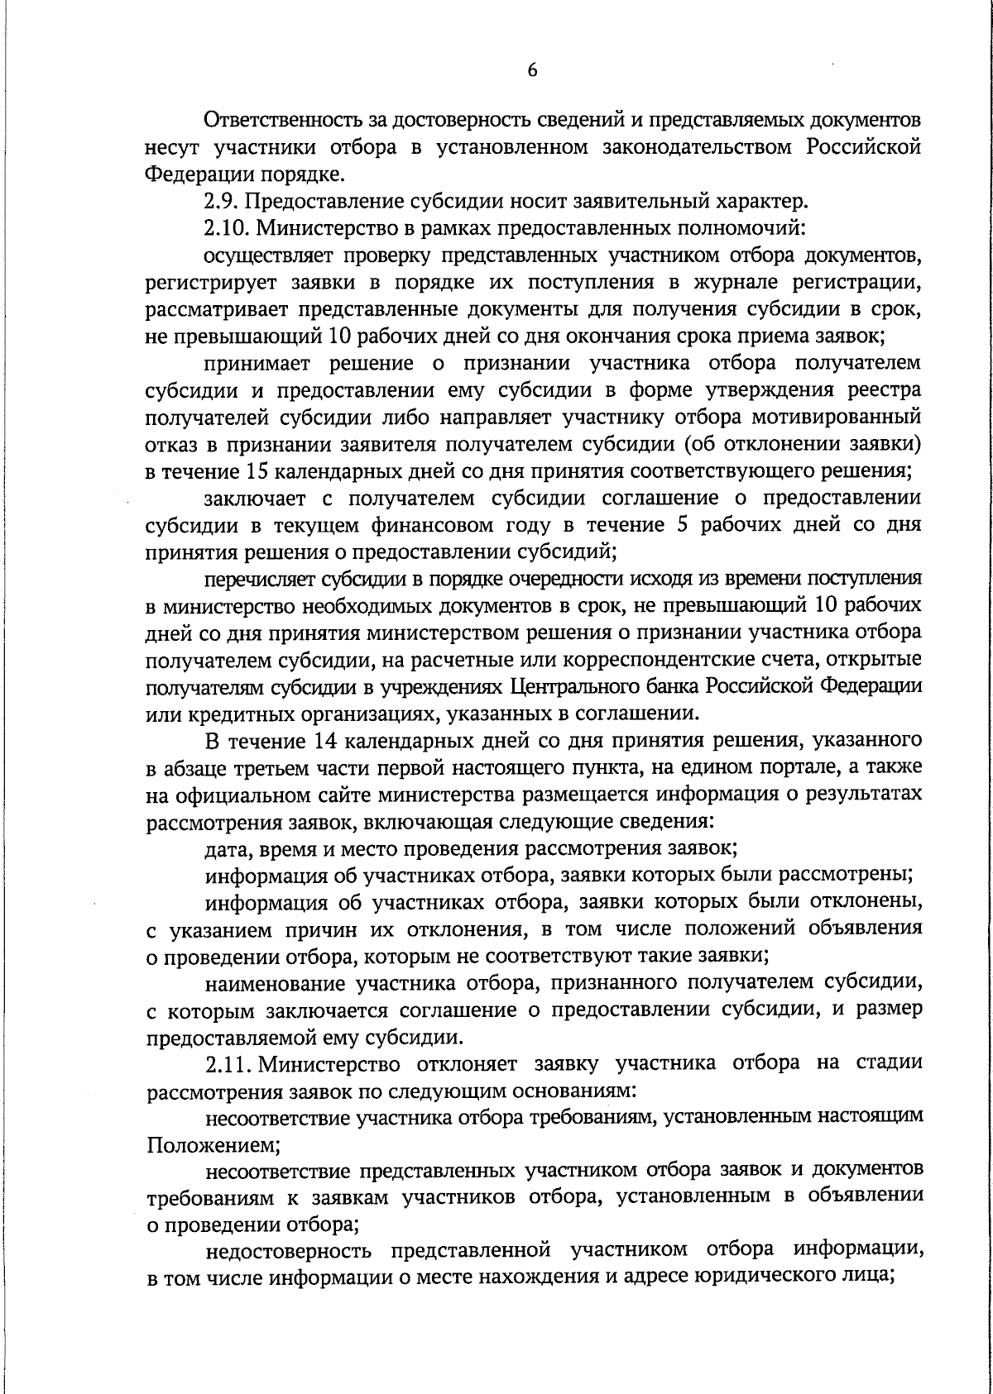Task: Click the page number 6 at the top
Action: tap(532, 71)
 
